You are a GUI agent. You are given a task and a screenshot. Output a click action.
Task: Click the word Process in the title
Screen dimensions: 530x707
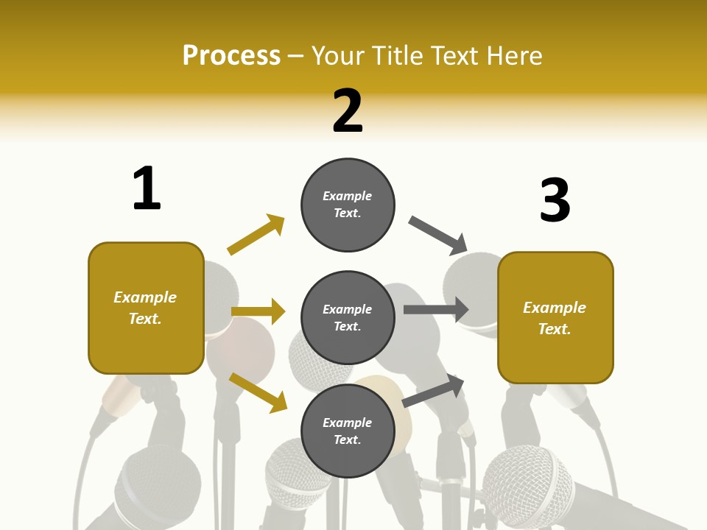pyautogui.click(x=231, y=55)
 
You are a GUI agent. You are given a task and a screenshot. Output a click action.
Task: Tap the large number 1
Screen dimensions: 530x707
pyautogui.click(x=147, y=188)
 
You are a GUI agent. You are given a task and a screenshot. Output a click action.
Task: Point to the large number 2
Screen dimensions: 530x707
pyautogui.click(x=348, y=111)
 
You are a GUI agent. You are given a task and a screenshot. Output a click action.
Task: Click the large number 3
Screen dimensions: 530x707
pyautogui.click(x=555, y=200)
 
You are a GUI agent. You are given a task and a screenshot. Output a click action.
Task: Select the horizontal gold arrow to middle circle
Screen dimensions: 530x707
pyautogui.click(x=258, y=311)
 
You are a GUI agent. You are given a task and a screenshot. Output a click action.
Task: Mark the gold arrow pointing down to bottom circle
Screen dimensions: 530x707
pyautogui.click(x=258, y=392)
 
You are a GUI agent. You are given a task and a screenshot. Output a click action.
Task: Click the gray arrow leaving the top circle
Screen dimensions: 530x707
pyautogui.click(x=438, y=235)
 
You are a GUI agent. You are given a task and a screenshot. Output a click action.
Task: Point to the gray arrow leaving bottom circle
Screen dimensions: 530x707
pyautogui.click(x=434, y=391)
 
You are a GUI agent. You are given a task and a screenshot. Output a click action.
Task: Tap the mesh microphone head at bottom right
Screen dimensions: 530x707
pyautogui.click(x=527, y=483)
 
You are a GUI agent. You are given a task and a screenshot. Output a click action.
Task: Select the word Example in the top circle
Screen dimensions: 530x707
pyautogui.click(x=348, y=196)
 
